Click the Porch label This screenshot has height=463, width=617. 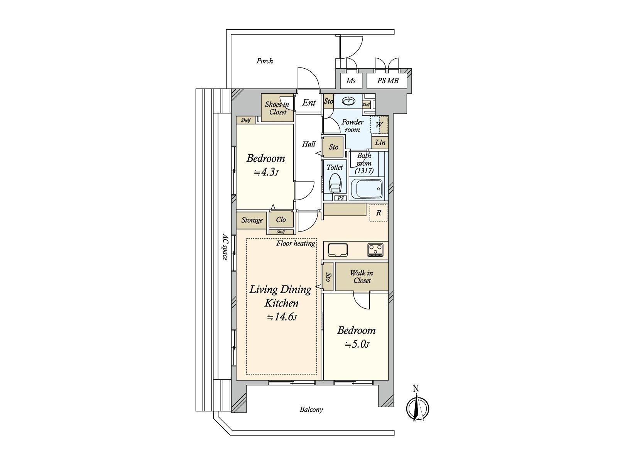pos(265,61)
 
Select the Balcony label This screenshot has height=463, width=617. pos(311,409)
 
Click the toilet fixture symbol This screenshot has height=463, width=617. pos(335,183)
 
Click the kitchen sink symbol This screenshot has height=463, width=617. pos(338,250)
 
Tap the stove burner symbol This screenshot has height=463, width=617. pos(375,250)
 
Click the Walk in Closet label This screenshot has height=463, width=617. pos(362,277)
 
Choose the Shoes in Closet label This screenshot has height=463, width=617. pos(277,108)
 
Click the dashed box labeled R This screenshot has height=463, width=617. pos(379,213)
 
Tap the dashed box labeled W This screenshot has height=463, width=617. pos(379,125)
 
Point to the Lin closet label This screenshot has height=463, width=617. pos(380,142)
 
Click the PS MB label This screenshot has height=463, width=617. pos(387,81)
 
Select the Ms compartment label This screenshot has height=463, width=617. pos(350,81)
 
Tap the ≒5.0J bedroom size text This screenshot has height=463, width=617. pos(356,344)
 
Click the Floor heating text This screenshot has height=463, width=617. pos(296,243)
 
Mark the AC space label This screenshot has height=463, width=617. pos(225,247)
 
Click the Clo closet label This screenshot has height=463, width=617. pos(281,220)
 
